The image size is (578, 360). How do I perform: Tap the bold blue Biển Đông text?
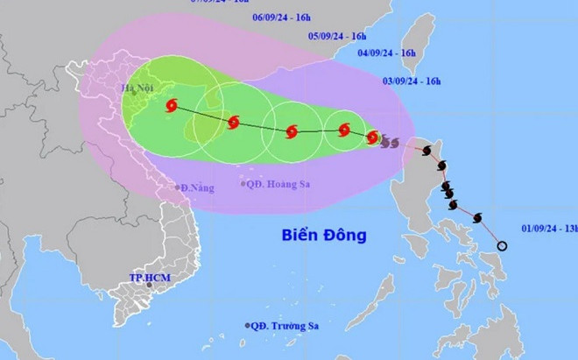(323, 235)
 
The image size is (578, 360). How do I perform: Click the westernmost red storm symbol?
(170, 106)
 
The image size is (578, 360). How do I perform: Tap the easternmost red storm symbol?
(373, 138)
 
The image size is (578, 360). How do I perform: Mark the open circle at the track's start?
(502, 246)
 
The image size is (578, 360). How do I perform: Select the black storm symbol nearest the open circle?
(478, 217)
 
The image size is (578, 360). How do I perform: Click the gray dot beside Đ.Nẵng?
(176, 187)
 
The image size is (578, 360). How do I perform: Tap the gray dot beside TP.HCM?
(150, 284)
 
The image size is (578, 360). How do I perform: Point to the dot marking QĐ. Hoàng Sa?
(243, 184)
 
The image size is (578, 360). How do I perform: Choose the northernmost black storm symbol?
(426, 152)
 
